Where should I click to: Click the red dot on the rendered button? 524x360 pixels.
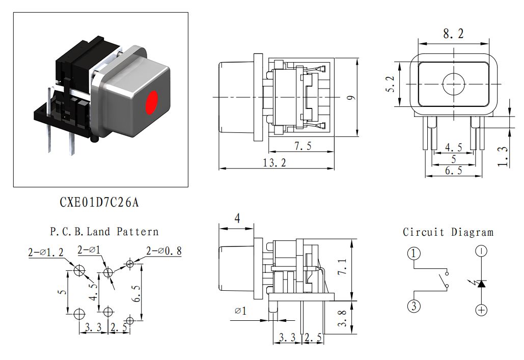tap(152, 102)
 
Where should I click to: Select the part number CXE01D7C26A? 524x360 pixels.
tap(99, 202)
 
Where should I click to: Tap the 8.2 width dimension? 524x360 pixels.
tap(454, 34)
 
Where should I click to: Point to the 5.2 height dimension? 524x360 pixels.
tap(390, 84)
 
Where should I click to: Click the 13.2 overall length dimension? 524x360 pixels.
tap(274, 163)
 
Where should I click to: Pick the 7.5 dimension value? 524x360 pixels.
tap(303, 146)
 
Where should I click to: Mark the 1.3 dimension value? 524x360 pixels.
tap(503, 157)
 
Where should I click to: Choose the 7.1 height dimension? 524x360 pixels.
tap(342, 266)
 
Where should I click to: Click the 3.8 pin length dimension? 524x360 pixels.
tap(342, 318)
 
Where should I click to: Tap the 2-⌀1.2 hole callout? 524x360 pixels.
tap(46, 253)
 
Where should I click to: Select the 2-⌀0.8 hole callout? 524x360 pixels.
tap(164, 251)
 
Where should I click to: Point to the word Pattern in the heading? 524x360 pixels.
tap(137, 231)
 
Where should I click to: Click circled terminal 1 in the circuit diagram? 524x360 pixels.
tap(413, 254)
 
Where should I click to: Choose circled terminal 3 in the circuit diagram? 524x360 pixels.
tap(414, 306)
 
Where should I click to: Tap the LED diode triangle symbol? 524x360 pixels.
tap(481, 284)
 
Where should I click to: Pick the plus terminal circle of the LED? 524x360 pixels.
tap(481, 310)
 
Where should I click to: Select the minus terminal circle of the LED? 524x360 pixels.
tap(481, 251)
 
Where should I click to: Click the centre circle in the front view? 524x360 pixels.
tap(454, 84)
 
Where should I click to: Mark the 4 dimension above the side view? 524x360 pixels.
tap(237, 218)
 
